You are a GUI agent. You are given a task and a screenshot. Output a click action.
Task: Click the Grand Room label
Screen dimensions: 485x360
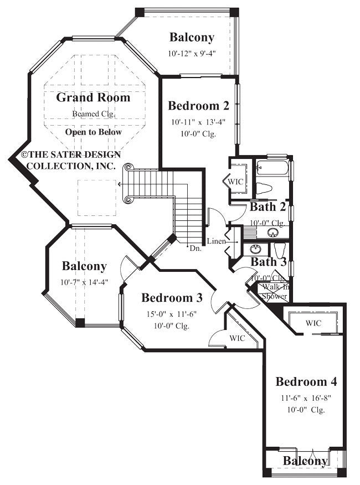pos(93,98)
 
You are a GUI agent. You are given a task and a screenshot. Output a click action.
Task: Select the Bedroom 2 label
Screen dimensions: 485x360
pos(198,106)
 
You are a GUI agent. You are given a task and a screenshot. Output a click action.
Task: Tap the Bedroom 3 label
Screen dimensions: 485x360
pos(172,298)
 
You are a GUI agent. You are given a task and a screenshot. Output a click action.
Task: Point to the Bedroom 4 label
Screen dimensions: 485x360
pos(306,381)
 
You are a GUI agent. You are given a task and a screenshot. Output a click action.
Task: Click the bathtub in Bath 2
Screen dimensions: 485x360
pos(272,167)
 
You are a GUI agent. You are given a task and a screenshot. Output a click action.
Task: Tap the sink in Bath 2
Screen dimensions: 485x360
pos(272,232)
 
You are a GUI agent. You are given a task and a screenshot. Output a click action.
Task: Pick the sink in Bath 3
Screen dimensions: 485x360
pos(256,249)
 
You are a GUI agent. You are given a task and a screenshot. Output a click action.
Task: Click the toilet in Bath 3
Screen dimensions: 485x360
pos(279,250)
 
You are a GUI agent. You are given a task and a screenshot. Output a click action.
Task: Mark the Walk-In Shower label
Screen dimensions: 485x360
pos(274,292)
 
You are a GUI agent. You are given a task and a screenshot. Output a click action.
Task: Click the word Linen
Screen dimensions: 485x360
pos(215,241)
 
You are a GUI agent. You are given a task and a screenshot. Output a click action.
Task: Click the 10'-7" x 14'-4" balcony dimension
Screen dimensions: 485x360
pos(84,282)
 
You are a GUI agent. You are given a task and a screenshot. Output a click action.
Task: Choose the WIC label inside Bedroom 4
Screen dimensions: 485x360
pos(313,322)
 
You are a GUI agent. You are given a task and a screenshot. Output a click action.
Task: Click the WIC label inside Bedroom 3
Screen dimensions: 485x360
pos(237,338)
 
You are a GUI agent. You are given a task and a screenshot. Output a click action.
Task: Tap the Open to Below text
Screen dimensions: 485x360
pos(93,132)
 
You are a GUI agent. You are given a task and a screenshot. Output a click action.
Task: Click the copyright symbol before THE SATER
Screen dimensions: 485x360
pos(25,156)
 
